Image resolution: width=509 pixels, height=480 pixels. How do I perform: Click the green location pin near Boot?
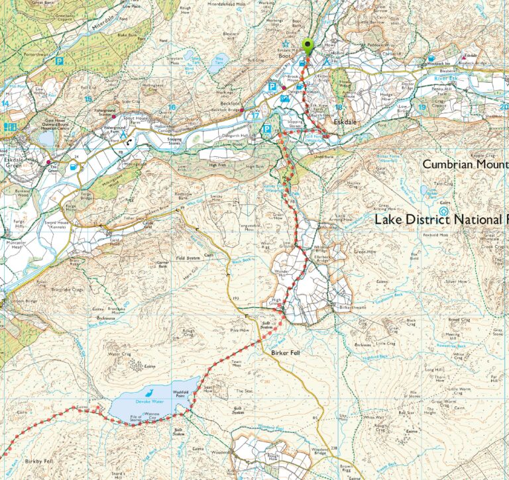(x=308, y=46)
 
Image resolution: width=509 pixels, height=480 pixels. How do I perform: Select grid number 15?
(x=87, y=99)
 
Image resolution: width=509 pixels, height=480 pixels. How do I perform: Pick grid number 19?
(x=422, y=107)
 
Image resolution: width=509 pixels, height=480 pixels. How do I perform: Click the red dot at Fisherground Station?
(x=114, y=117)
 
